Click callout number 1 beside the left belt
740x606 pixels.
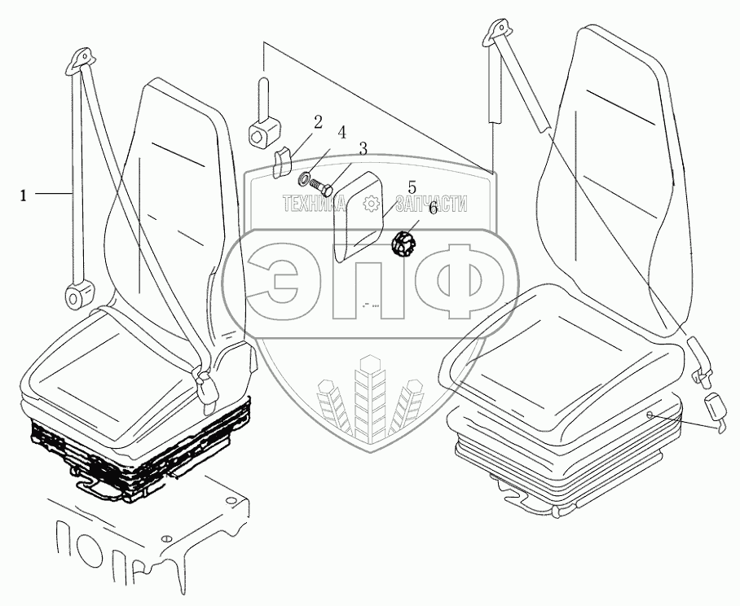tap(24, 195)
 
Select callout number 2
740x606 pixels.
tap(318, 122)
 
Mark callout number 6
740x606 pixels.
tap(433, 208)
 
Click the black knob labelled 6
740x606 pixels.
tap(403, 243)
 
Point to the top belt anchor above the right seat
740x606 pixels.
tap(496, 33)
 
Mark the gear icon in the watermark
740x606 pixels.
tap(372, 204)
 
